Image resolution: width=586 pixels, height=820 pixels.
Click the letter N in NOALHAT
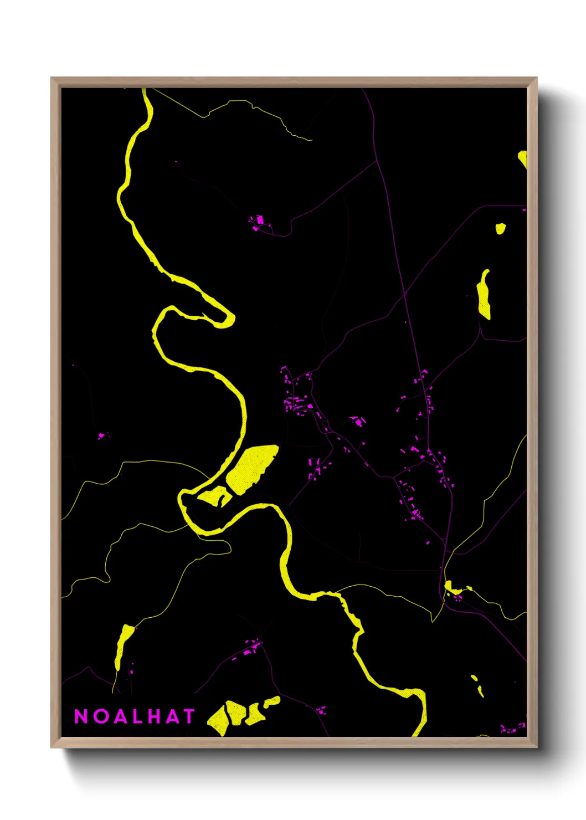click(x=81, y=716)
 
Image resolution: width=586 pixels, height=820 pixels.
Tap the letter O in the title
click(x=101, y=716)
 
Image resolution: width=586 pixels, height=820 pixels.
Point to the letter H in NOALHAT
click(x=155, y=716)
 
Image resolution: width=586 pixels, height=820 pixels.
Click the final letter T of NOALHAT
click(x=188, y=716)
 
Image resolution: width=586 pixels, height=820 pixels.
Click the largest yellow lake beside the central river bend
click(x=252, y=467)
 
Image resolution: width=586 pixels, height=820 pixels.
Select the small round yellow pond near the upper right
click(x=500, y=228)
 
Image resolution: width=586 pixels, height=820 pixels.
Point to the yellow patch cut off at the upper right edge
click(x=522, y=158)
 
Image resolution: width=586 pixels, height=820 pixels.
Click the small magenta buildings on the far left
click(x=101, y=436)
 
